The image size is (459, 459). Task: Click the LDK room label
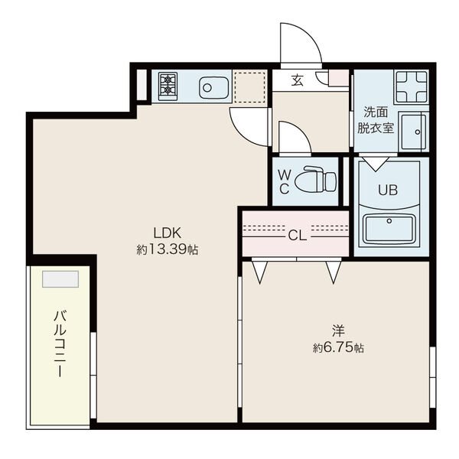click(x=167, y=233)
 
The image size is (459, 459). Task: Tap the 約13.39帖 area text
click(x=167, y=249)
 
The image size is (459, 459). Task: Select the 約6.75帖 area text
click(x=338, y=348)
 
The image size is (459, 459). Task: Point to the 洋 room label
click(x=338, y=330)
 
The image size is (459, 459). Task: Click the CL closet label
click(x=297, y=236)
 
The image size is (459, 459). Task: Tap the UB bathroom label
click(x=388, y=190)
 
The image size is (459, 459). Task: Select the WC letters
click(x=284, y=182)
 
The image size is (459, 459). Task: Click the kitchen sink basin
click(x=213, y=87)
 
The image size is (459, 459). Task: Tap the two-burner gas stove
click(x=168, y=86)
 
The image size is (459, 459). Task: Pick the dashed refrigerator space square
click(x=249, y=87)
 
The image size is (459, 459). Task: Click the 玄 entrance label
click(x=297, y=80)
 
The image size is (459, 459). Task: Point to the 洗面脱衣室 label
click(x=376, y=120)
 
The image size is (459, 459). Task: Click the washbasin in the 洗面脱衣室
click(x=414, y=132)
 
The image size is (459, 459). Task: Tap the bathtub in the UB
click(x=389, y=229)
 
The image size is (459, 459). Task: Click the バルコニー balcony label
click(x=60, y=344)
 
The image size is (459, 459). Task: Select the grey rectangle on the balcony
click(x=60, y=279)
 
